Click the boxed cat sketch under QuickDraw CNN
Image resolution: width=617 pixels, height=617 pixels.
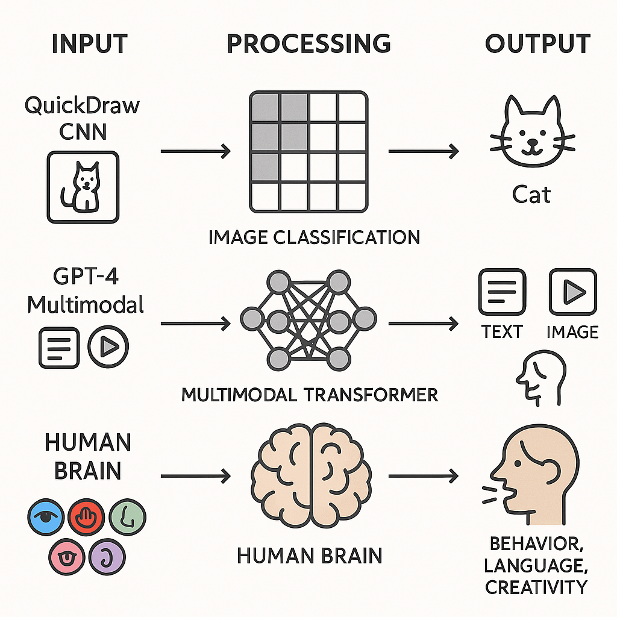point(83,187)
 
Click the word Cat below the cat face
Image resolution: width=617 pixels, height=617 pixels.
point(531,194)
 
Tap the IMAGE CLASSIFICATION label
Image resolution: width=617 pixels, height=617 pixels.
point(314,237)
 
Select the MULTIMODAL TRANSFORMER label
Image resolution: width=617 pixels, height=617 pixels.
point(309,395)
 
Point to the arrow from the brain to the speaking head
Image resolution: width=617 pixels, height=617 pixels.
point(422,477)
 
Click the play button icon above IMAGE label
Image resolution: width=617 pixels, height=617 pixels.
point(572,293)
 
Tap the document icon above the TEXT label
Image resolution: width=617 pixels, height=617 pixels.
point(501,293)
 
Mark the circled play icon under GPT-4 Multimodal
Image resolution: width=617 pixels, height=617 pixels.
point(108,347)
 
